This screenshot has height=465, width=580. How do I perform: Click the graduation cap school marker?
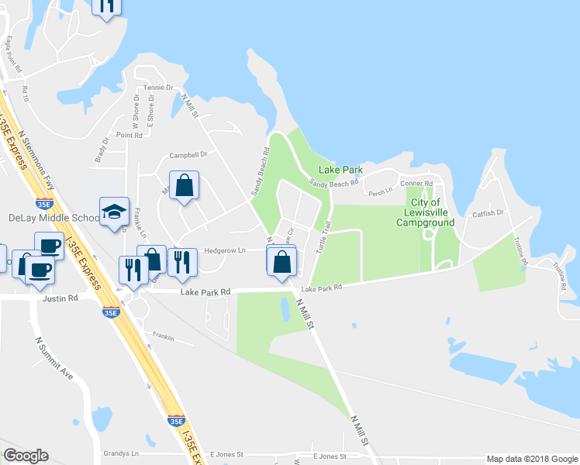click(x=113, y=212)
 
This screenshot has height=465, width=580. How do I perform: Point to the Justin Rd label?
click(x=63, y=298)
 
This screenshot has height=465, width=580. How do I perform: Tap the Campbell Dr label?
click(x=188, y=154)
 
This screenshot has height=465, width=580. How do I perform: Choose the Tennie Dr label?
click(x=158, y=88)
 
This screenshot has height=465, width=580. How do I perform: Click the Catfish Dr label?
click(x=489, y=212)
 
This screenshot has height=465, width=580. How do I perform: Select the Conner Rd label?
click(x=416, y=184)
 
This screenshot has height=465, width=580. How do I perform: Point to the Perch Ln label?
click(x=381, y=193)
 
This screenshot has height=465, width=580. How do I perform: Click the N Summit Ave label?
click(x=54, y=356)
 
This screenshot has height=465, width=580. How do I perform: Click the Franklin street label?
click(x=163, y=337)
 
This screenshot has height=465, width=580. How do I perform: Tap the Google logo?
click(x=26, y=456)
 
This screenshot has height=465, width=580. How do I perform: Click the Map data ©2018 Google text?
click(x=532, y=459)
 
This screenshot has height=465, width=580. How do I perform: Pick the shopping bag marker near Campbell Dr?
click(x=184, y=186)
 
